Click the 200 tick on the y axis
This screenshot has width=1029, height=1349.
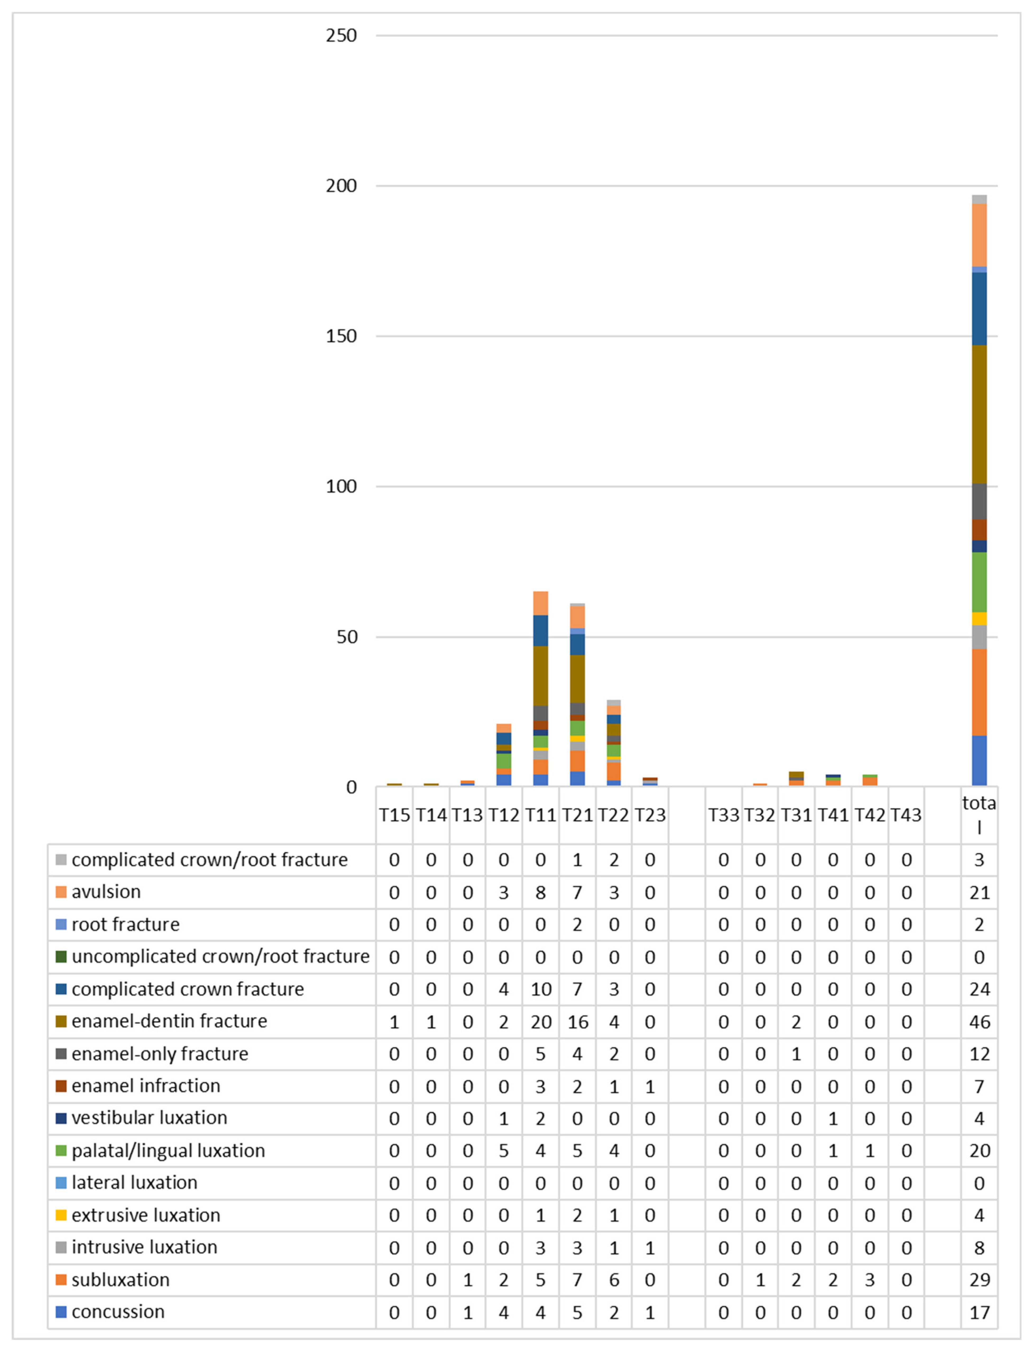[x=341, y=186]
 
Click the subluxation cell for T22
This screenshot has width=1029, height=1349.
[x=614, y=1280]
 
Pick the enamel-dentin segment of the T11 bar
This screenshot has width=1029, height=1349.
[x=540, y=676]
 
